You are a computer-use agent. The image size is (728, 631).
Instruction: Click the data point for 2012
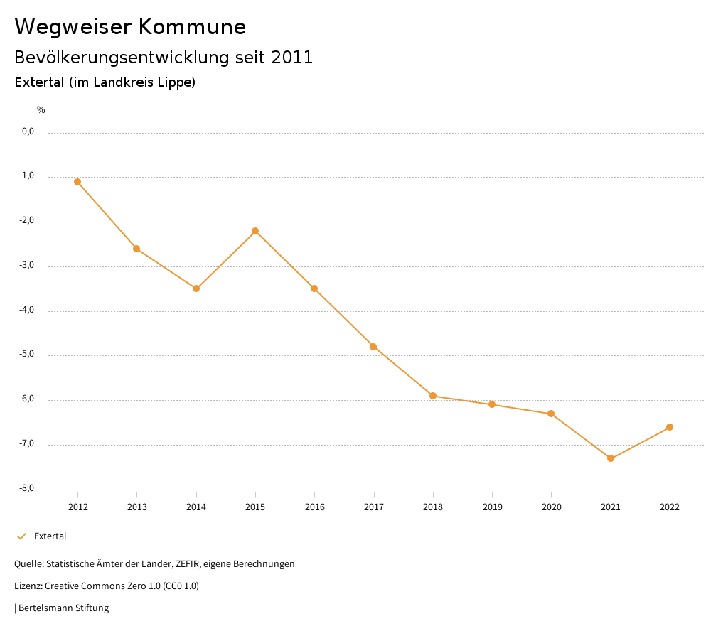coord(77,182)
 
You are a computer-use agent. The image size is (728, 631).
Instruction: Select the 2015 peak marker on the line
coord(255,231)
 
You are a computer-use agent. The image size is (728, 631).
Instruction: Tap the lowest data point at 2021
coord(611,458)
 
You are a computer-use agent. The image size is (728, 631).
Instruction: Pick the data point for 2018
coord(433,396)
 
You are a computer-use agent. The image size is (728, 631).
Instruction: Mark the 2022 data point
coord(670,427)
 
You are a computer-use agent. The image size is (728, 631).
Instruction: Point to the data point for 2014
coord(196,288)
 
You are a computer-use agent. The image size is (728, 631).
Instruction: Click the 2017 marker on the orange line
coord(373,347)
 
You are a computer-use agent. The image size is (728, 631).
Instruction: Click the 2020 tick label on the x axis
coord(551,507)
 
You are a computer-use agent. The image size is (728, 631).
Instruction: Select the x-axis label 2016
coord(314,507)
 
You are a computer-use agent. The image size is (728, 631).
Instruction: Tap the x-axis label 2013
coord(136,507)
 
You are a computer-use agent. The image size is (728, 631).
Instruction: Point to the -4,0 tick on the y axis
coord(28,311)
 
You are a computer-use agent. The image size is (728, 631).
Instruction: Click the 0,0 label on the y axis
coord(28,131)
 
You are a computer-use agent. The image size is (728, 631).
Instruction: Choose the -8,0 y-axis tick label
coord(28,489)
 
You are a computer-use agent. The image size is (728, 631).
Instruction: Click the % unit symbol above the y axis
coord(41,110)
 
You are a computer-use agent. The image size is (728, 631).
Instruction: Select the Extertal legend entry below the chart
coord(50,536)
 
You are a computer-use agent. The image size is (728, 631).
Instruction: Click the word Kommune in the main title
coord(192,27)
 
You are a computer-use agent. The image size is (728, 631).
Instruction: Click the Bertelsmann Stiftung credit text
coord(63,608)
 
